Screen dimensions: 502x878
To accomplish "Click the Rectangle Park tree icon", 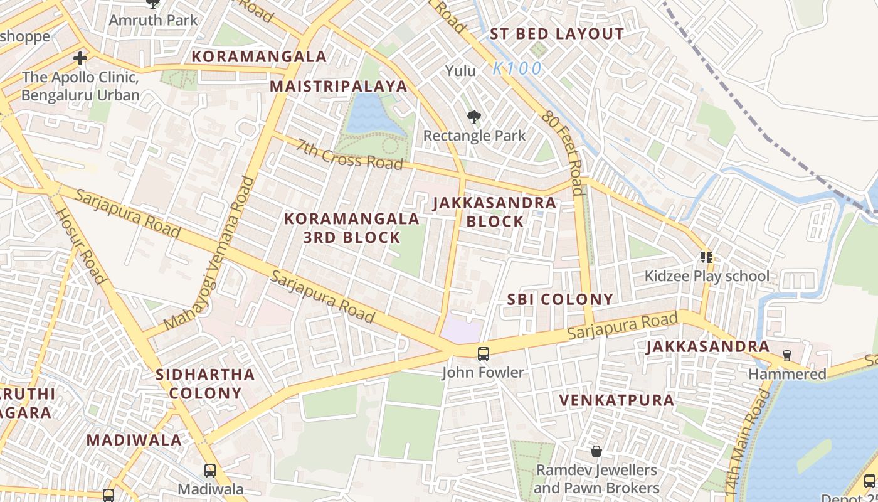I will point(474,117).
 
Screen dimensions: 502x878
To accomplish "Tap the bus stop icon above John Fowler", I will point(483,353).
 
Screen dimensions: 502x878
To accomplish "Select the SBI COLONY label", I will point(559,299).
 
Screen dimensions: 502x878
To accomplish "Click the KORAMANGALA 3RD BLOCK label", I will point(352,228).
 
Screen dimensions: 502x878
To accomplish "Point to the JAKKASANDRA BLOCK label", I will point(495,212).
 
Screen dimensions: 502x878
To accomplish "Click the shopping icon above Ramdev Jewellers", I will point(596,451).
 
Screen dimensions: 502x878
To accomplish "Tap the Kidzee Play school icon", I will point(707,257).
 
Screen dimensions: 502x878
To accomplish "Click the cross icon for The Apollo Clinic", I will point(80,59).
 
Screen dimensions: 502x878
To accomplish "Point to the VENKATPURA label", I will point(616,400).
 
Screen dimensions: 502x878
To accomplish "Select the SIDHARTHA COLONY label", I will point(205,384).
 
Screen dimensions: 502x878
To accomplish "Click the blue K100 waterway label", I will point(517,69).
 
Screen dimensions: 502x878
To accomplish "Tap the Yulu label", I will point(460,71).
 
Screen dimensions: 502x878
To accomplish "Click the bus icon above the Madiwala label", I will point(210,470).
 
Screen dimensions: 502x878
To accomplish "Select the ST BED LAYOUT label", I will point(556,35).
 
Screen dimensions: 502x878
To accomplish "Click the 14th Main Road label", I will point(746,442).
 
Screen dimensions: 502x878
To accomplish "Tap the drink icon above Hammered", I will point(787,356).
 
